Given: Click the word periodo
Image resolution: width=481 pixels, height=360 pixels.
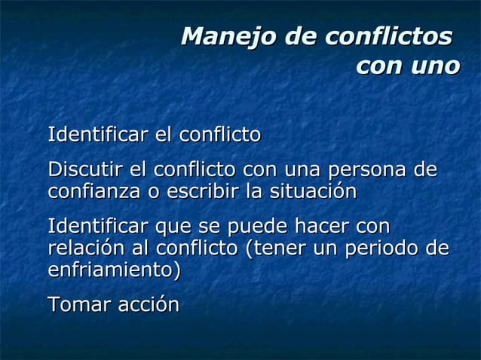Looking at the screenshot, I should click(383, 249).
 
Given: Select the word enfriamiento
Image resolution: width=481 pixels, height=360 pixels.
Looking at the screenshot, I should click(112, 269).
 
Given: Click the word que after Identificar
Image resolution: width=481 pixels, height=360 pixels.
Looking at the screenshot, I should click(174, 227).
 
